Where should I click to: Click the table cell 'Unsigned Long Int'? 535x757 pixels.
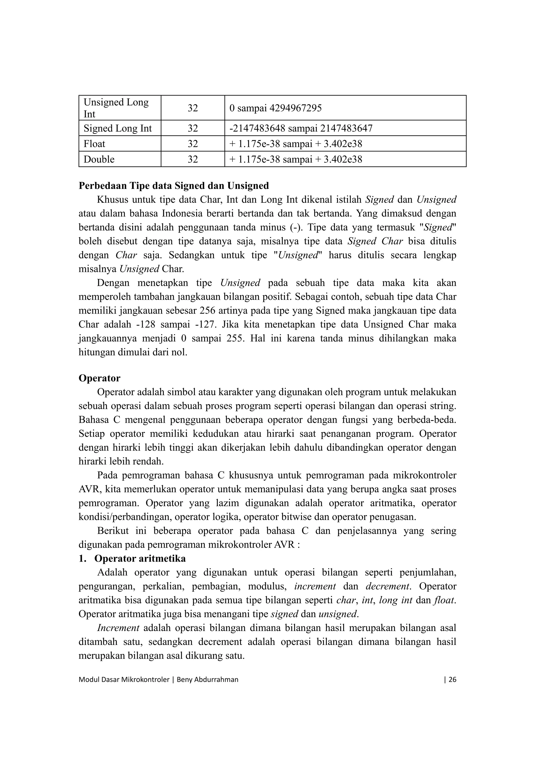[116, 108]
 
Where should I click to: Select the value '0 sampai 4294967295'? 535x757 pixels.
[275, 108]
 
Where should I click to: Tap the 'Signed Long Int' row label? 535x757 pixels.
[118, 128]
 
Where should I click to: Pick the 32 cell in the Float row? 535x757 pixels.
[193, 144]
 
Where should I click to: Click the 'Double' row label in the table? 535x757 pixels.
[99, 159]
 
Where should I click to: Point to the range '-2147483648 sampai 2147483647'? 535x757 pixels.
[301, 128]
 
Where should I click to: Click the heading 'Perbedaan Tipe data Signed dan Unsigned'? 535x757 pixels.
[174, 186]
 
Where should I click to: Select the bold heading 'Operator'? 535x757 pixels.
[99, 378]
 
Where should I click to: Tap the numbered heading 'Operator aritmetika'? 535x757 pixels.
[140, 558]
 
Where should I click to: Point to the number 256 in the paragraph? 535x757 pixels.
[207, 311]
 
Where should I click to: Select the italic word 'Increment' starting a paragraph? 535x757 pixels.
[118, 628]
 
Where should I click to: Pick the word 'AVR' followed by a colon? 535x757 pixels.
[284, 544]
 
